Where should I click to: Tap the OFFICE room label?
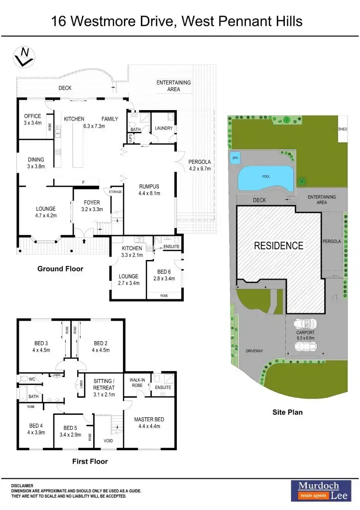point(32,120)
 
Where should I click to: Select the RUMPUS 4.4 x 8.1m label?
point(149,190)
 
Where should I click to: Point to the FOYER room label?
point(92,206)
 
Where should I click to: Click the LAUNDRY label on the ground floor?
point(163,128)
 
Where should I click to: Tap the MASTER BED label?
point(149,423)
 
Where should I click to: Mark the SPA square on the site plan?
point(235,158)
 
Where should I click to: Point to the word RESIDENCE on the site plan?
point(279,246)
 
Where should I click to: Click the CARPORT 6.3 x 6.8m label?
point(305,336)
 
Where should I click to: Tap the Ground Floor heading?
point(60,269)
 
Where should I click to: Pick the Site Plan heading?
point(287,412)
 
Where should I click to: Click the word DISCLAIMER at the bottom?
point(22,486)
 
